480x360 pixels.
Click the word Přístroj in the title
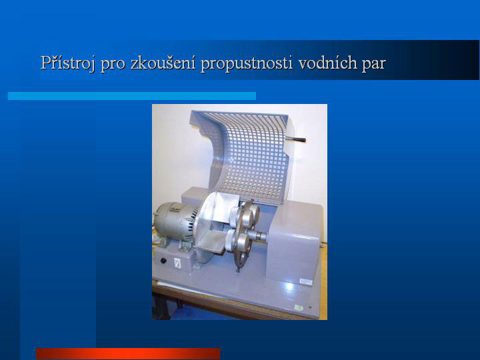tap(67, 63)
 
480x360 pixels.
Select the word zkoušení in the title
tap(163, 63)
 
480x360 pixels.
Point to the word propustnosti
tap(247, 64)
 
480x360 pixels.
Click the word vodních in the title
tap(327, 63)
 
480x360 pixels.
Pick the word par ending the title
tap(373, 65)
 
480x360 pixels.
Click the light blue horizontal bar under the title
tap(132, 96)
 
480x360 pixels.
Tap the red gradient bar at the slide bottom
tap(128, 353)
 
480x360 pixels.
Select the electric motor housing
tap(175, 221)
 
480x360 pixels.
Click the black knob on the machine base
tap(163, 261)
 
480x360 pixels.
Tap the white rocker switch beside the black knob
tap(177, 263)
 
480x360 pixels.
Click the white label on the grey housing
tap(305, 281)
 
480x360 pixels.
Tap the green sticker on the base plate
tap(298, 307)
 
